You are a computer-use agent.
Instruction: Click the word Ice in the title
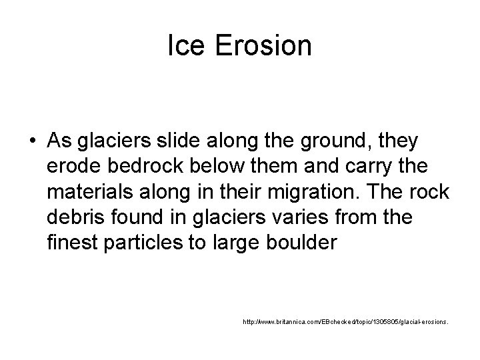[183, 46]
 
